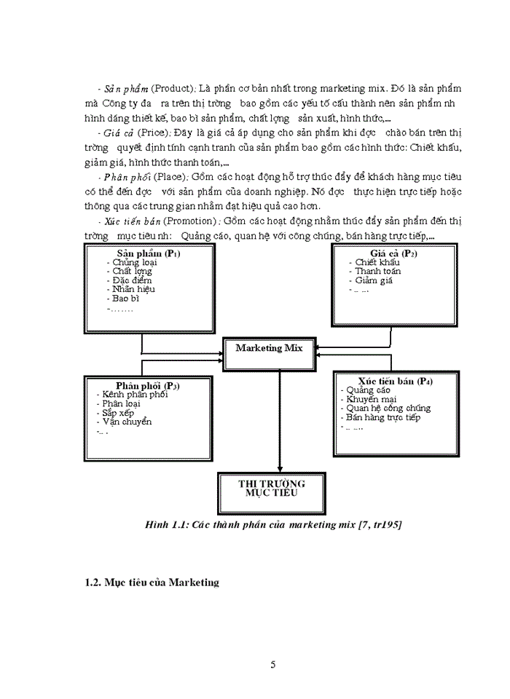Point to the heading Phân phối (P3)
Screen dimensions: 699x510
point(147,385)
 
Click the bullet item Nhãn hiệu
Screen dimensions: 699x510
point(133,289)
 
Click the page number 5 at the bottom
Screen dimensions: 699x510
point(272,663)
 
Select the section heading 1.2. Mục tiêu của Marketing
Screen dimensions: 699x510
point(152,582)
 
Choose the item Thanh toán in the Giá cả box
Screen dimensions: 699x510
point(377,272)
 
